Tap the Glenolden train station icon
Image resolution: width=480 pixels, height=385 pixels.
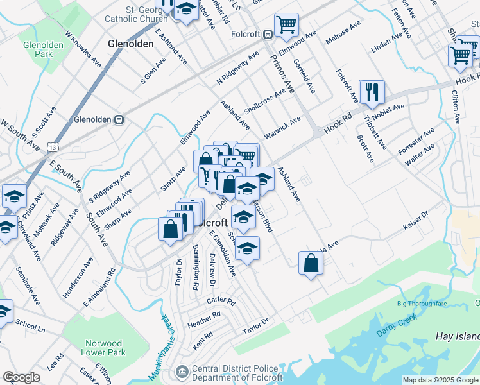click(119, 119)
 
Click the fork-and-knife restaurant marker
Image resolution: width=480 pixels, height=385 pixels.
click(372, 92)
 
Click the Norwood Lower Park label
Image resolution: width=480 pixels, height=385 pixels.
click(103, 348)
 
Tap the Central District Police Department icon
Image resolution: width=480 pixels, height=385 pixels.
click(182, 371)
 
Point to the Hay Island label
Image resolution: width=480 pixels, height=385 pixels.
click(457, 336)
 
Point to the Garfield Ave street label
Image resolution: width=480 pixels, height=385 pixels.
click(304, 76)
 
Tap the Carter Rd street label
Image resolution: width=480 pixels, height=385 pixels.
click(221, 301)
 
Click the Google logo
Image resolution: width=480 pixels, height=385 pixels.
click(21, 377)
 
